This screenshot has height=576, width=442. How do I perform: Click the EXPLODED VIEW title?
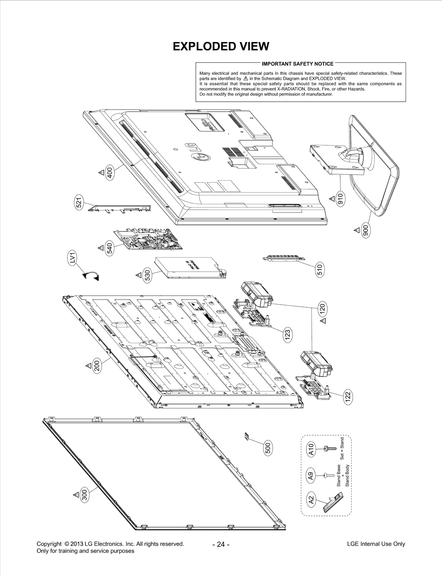[221, 46]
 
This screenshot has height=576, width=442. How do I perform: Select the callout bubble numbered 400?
[110, 173]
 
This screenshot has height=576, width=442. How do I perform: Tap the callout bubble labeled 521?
[79, 204]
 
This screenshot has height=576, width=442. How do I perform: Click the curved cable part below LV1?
[91, 276]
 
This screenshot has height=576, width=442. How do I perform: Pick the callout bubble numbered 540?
[110, 248]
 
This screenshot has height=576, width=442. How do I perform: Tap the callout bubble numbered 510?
[320, 269]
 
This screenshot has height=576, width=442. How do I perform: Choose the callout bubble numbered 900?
[365, 230]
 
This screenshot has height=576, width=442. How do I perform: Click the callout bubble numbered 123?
[288, 335]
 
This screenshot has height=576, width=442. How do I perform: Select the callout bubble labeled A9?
[311, 476]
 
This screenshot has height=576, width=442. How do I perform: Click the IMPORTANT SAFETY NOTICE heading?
[298, 64]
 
